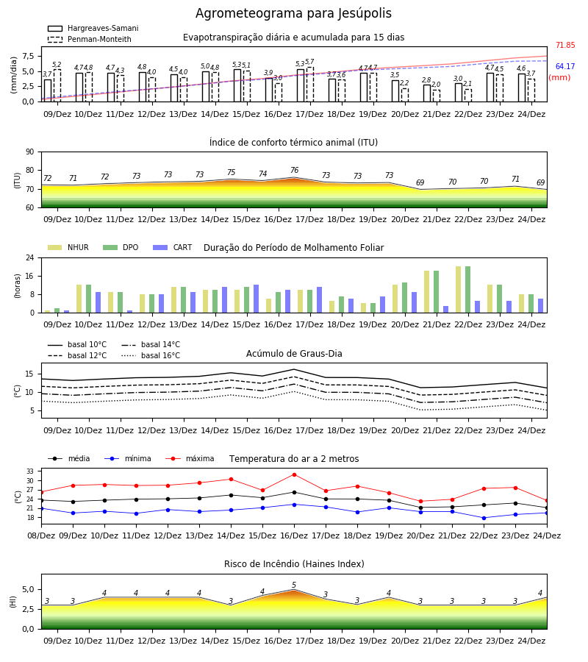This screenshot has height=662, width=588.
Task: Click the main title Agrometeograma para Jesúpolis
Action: tap(293, 13)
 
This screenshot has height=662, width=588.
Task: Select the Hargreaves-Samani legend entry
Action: tap(93, 28)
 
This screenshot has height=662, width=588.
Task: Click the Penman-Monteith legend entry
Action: tap(90, 39)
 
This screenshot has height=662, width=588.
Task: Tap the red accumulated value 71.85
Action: tap(565, 45)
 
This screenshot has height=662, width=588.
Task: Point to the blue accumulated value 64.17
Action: tap(565, 66)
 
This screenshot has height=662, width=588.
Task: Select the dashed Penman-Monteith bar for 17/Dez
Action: tap(310, 85)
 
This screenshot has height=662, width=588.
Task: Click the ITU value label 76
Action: tap(295, 170)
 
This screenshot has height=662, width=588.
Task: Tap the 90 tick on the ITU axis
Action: tap(30, 152)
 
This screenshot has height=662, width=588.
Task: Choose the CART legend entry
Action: tap(173, 247)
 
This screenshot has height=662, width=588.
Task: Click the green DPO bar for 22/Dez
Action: tap(467, 290)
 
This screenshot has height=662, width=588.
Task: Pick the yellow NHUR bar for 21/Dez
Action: tap(426, 292)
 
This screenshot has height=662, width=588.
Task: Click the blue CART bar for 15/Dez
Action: tap(256, 299)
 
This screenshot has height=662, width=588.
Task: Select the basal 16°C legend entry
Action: tap(151, 355)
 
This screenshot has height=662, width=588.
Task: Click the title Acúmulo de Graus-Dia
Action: tap(294, 353)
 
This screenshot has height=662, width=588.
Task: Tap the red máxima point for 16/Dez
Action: tap(294, 474)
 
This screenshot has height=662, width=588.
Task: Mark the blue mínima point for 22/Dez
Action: tap(484, 518)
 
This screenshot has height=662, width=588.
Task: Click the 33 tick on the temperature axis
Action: tap(30, 471)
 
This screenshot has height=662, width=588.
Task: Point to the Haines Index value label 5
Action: tap(294, 586)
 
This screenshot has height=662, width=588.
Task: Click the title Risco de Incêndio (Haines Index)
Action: tap(294, 564)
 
